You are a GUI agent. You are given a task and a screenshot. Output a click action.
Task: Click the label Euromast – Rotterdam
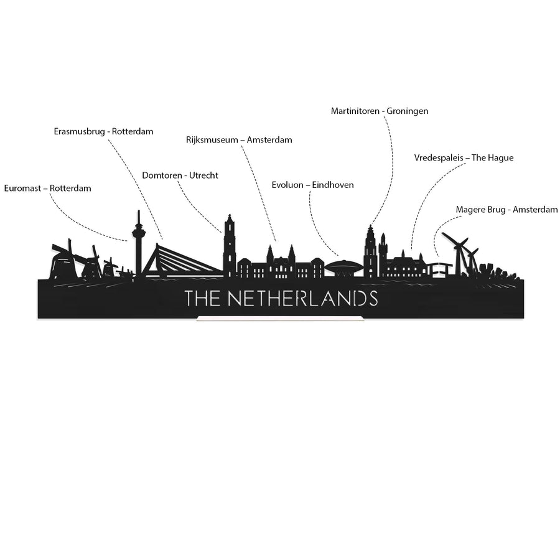click(x=47, y=188)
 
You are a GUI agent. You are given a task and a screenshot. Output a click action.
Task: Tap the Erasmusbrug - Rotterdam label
click(x=103, y=131)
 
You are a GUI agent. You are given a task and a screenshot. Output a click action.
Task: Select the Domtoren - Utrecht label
click(x=180, y=175)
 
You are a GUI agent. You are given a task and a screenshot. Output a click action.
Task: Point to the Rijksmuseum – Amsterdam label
click(x=239, y=139)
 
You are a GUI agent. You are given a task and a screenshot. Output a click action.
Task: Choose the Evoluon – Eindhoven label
click(x=312, y=185)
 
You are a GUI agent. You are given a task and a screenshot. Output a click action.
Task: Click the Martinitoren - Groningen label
click(x=380, y=111)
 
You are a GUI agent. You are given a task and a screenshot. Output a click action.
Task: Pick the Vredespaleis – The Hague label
click(x=464, y=158)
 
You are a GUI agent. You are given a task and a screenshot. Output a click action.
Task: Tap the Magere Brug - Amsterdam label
click(x=506, y=210)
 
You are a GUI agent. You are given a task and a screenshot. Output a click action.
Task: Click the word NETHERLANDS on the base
click(x=302, y=299)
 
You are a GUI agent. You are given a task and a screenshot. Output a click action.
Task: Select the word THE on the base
click(x=202, y=299)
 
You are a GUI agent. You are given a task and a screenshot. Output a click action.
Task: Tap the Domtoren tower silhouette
click(x=229, y=246)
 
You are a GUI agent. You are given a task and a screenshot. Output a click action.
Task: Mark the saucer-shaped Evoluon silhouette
click(x=344, y=267)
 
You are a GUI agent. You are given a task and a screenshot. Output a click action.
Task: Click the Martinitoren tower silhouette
click(x=370, y=252)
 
